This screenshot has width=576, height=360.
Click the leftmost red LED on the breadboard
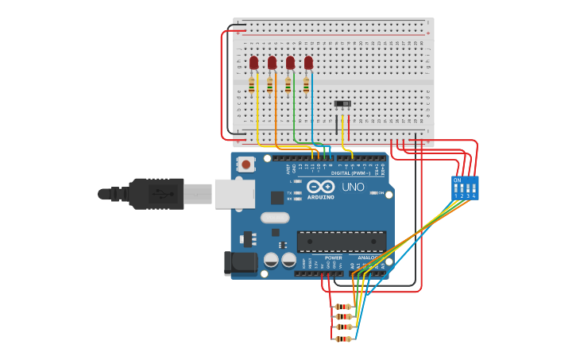click(253, 62)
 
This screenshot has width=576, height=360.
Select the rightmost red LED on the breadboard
click(308, 62)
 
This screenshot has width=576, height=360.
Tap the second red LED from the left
click(272, 62)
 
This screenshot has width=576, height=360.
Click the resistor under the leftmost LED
click(252, 83)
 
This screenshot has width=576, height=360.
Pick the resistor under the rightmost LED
click(306, 83)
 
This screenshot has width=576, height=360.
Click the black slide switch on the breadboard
click(342, 104)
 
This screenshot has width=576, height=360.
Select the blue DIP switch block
click(465, 188)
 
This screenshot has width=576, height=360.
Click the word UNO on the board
click(353, 188)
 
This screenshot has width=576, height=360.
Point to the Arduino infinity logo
click(321, 188)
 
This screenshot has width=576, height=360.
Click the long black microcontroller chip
click(342, 241)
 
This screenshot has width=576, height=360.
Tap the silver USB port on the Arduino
click(234, 194)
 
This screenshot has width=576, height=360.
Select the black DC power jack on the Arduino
click(241, 263)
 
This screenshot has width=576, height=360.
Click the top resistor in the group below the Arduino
click(342, 306)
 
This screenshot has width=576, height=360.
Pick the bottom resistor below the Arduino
click(342, 339)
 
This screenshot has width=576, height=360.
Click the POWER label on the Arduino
click(334, 257)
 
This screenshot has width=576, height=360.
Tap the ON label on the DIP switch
click(457, 180)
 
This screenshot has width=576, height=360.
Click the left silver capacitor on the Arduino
click(271, 260)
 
